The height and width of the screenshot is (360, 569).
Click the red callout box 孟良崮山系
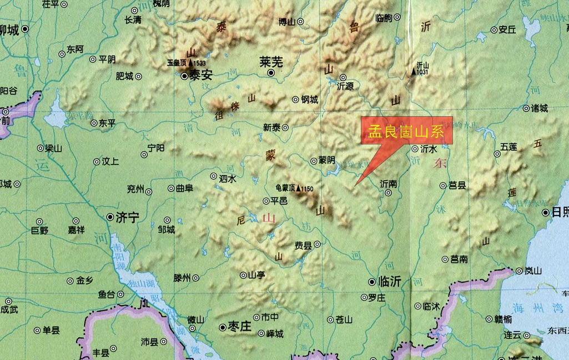point(406,132)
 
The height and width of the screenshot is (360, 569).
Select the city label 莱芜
point(271,62)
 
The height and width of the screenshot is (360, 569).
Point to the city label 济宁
point(128,218)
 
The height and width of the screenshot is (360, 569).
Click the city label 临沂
point(389,282)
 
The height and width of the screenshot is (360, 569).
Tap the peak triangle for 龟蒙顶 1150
point(299,188)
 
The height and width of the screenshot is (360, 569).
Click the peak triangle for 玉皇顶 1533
point(190,63)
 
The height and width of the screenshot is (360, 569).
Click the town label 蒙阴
point(327,161)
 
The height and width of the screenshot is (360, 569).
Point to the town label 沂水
point(429,149)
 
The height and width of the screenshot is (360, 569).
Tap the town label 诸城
point(539,108)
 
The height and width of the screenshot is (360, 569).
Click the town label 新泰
point(272,127)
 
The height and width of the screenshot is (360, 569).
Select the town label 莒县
point(457,186)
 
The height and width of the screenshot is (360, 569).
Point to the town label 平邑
point(278,201)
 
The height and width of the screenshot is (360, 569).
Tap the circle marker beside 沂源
point(343,77)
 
